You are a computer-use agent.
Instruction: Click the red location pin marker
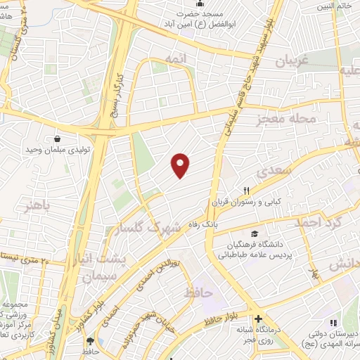click(181, 165)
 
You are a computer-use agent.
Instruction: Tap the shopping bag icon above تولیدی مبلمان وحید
click(56, 139)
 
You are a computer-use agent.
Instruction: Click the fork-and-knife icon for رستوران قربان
click(246, 191)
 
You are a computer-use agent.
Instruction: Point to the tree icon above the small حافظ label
click(101, 341)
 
